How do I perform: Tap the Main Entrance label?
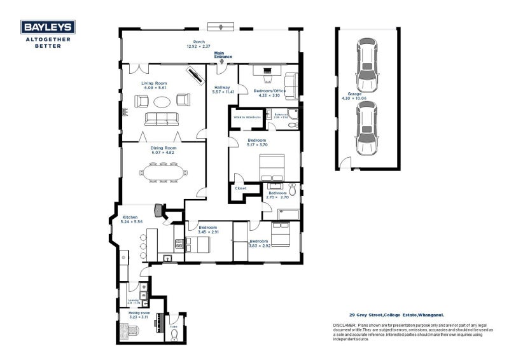(223, 55)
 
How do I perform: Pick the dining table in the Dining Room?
(164, 172)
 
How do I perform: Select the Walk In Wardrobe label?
(248, 117)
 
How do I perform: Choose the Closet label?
(241, 188)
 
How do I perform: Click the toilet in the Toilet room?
(174, 335)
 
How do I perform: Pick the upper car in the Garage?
(368, 65)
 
